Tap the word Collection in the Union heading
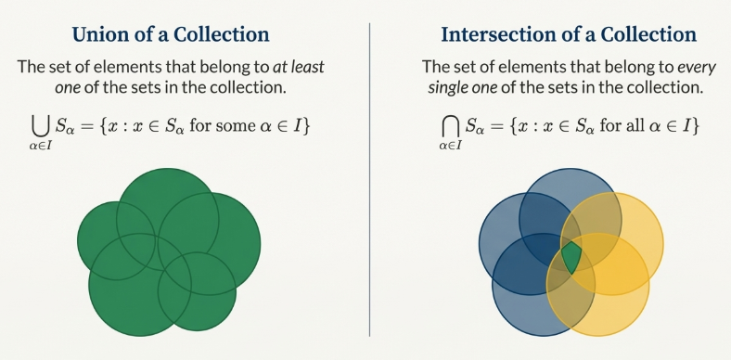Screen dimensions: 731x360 [x=224, y=36]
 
